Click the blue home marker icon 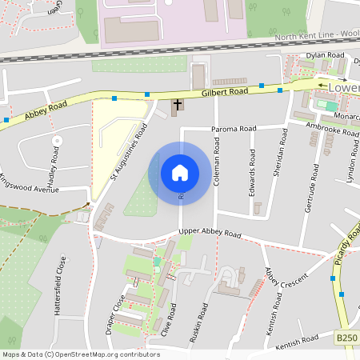click(x=179, y=173)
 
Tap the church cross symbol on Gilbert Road click(x=177, y=105)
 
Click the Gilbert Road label click(x=227, y=93)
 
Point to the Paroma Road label click(x=234, y=129)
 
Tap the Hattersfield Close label click(x=58, y=286)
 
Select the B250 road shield click(x=346, y=338)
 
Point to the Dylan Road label click(x=325, y=55)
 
